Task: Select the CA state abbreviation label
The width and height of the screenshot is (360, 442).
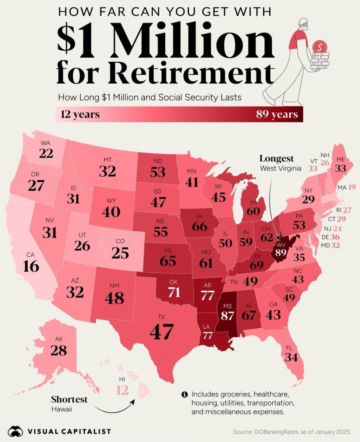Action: [x=31, y=255]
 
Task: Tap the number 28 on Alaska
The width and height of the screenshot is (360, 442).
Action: [x=59, y=350]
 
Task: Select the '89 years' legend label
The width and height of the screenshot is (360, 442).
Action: [x=277, y=115]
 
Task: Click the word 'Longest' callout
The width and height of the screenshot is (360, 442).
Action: [x=277, y=159]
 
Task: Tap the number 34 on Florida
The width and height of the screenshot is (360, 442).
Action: [x=292, y=357]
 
